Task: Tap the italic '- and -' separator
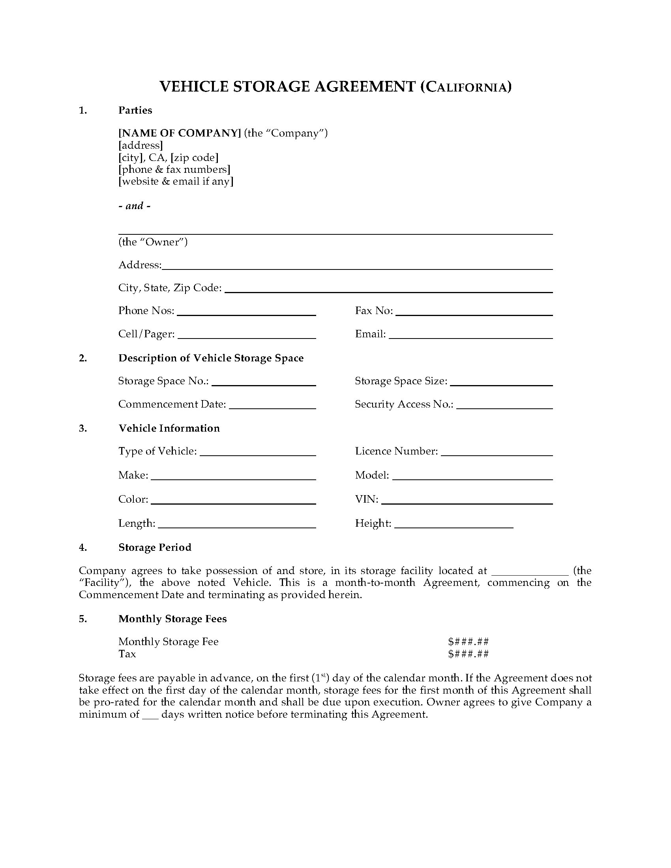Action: coord(134,206)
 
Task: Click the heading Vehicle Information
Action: coord(169,428)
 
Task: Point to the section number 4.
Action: coord(82,548)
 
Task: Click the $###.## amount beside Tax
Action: coord(468,654)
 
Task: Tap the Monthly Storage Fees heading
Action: coord(172,619)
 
